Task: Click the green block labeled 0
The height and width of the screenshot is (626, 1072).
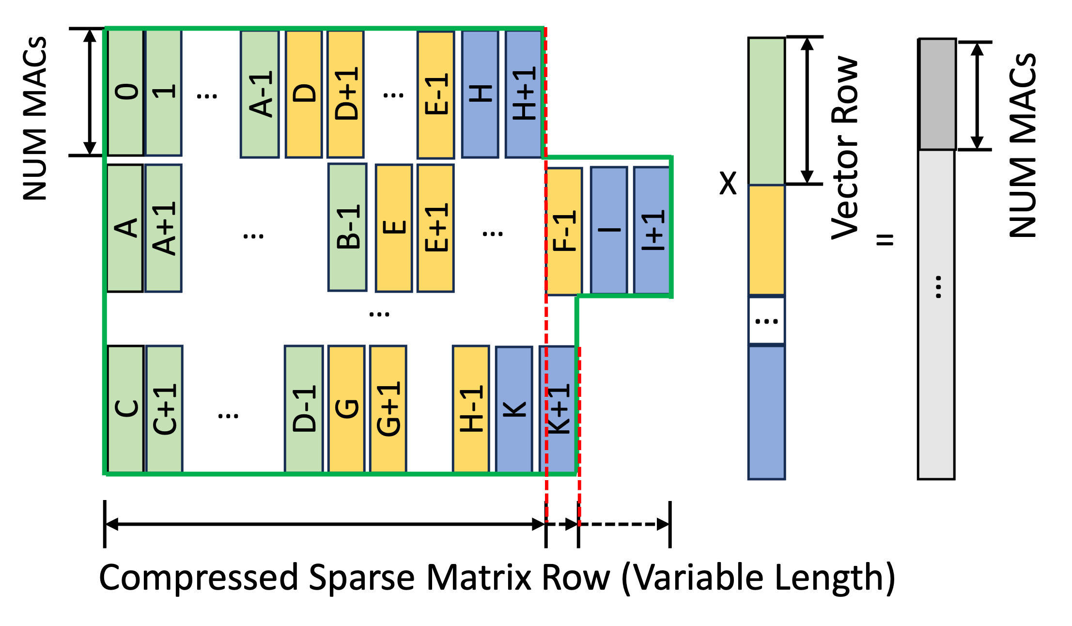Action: coord(125,92)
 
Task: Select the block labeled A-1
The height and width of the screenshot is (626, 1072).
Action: coord(260,94)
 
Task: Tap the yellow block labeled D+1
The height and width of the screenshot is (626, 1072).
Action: coord(345,94)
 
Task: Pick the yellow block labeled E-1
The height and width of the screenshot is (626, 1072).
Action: coord(435,94)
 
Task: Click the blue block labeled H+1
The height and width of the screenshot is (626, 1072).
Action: coord(523,94)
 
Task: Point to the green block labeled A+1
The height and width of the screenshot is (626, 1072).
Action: coord(163,228)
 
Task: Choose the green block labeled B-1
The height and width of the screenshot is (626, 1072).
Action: coord(347,227)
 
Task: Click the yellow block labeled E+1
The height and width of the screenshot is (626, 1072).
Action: coord(435,228)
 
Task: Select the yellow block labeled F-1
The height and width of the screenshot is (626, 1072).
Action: coord(564,231)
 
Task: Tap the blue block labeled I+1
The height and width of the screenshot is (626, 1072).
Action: coord(652,230)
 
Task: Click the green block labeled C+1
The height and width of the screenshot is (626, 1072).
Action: coord(164,409)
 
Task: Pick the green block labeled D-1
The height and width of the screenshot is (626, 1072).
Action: coord(304,409)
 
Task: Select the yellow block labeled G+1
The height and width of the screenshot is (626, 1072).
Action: coord(388,409)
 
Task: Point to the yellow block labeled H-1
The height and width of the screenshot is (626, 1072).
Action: coord(471,409)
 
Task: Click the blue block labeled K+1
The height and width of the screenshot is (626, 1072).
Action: coord(558,409)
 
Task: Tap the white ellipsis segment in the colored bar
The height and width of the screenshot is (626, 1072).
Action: coord(766,321)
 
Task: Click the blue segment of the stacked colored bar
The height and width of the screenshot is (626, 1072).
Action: coord(766,412)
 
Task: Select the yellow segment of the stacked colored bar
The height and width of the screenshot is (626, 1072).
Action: coord(766,240)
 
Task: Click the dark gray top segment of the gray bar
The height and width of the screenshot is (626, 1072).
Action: coord(937,94)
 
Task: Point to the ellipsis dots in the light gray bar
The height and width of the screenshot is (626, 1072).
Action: coord(938,287)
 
